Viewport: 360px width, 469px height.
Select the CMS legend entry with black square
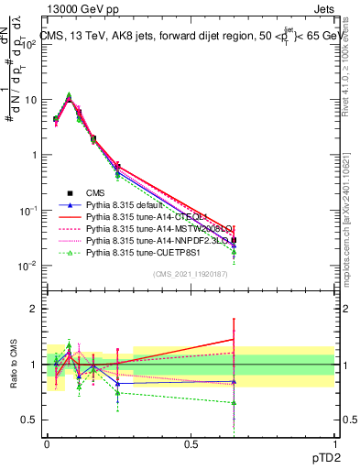tap(97, 192)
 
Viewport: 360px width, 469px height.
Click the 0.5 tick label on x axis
tap(191, 443)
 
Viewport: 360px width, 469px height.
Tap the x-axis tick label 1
tap(333, 443)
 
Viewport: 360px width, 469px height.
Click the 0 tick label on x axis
tap(47, 443)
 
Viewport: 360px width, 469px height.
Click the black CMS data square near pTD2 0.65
tap(234, 240)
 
